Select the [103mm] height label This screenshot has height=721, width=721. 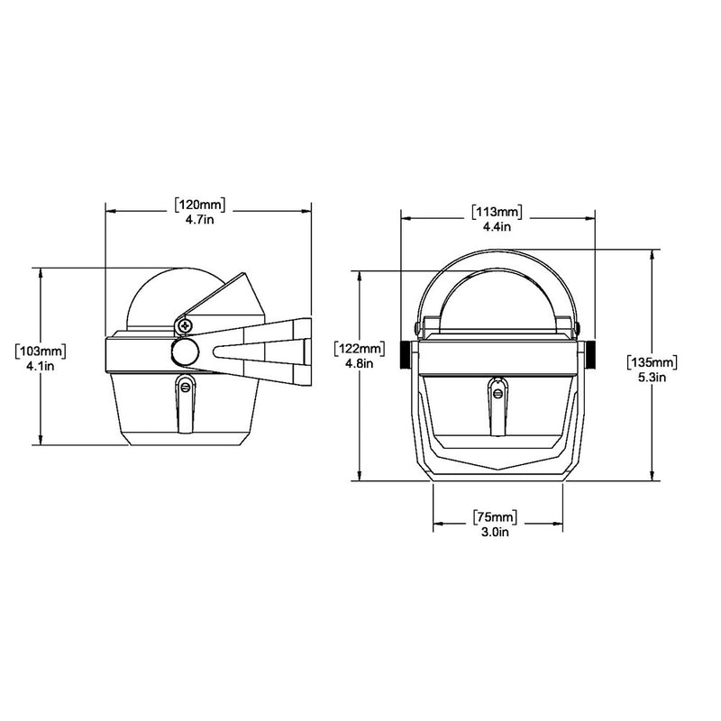coord(41,348)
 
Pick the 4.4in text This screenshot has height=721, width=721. coord(496,227)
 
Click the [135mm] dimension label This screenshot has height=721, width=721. coord(651,361)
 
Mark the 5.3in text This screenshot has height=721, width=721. coord(651,377)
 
